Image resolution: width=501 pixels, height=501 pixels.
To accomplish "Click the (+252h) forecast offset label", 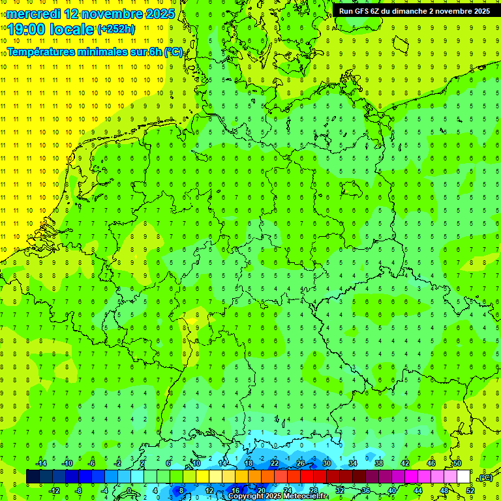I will (x=116, y=29).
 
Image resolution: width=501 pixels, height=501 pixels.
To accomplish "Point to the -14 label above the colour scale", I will (x=40, y=463).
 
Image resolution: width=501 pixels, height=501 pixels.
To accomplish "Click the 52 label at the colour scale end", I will (x=470, y=491).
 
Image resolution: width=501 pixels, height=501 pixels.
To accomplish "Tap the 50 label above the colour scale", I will (x=457, y=463).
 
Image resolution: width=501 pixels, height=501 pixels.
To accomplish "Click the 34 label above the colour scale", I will (x=353, y=463).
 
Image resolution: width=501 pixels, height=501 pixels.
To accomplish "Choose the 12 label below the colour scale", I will (x=209, y=491).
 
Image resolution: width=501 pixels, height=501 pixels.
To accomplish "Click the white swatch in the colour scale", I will (x=464, y=477).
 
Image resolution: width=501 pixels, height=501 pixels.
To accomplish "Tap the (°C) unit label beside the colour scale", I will (x=486, y=478).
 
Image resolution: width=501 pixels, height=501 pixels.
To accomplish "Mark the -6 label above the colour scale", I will (x=92, y=463).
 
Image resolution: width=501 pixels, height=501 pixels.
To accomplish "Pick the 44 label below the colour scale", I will (x=418, y=491).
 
